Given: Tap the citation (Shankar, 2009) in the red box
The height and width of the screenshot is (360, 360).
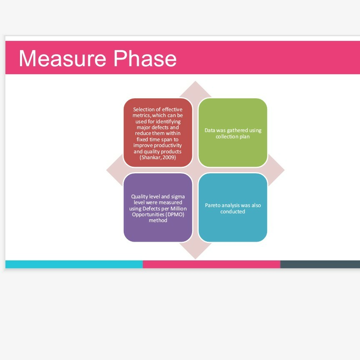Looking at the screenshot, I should [x=158, y=158].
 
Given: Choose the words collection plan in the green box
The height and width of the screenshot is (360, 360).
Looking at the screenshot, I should [x=233, y=137].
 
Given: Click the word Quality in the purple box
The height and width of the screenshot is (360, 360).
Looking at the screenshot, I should [x=139, y=196].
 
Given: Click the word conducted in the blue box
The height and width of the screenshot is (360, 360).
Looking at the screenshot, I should [x=233, y=212].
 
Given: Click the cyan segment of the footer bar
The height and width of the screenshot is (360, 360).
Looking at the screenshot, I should [x=74, y=264].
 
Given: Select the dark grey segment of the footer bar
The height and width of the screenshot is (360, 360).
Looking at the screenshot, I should [x=320, y=264].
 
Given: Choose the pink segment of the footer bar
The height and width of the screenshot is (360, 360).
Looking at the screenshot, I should [x=211, y=264].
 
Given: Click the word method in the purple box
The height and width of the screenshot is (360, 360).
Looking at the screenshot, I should [x=158, y=220].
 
